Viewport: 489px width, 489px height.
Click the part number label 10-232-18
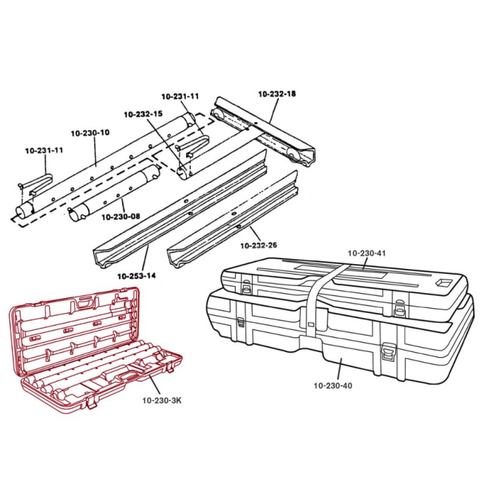tap(277, 94)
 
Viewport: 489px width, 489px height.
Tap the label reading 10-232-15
tap(142, 114)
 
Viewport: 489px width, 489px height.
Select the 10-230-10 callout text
tap(90, 133)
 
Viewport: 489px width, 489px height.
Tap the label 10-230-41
tap(367, 252)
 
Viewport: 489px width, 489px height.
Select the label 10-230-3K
tap(161, 401)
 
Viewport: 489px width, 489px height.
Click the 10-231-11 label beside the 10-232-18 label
tap(180, 97)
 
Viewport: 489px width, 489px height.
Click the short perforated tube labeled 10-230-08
tap(116, 193)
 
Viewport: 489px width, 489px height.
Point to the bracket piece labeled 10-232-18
tap(263, 131)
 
